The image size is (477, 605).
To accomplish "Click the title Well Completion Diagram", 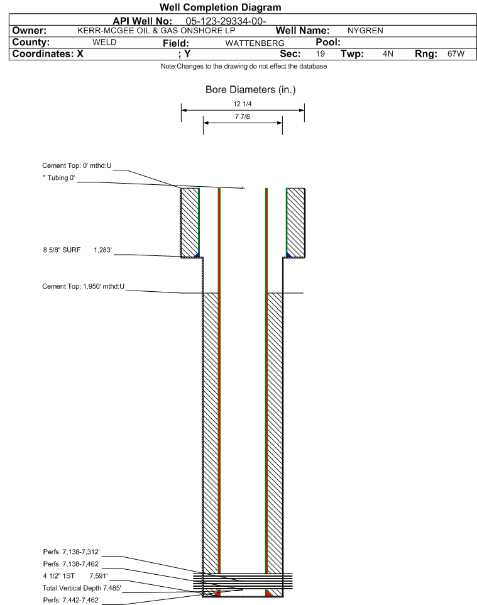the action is [x=220, y=8].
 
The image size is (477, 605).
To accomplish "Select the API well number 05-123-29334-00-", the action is [x=226, y=21].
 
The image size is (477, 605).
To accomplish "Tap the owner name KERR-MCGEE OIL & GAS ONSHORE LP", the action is [x=156, y=31].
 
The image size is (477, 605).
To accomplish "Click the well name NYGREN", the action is [x=365, y=31].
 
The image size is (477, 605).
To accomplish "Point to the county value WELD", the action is [x=104, y=42].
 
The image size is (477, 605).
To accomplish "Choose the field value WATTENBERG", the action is [x=255, y=43].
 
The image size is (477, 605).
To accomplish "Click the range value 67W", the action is [x=456, y=53].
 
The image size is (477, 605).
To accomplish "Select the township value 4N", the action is [x=388, y=53].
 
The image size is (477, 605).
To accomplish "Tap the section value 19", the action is [x=320, y=53].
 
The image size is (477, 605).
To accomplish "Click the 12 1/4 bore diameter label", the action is [x=243, y=104].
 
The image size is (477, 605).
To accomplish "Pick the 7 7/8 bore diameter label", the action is [x=243, y=116].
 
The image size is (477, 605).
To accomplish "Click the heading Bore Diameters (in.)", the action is [x=251, y=90].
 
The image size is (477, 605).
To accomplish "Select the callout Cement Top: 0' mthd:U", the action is [x=77, y=166].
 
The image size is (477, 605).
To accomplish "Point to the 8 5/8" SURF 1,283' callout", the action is [x=77, y=250].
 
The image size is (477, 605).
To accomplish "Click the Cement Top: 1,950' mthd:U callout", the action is [x=84, y=286].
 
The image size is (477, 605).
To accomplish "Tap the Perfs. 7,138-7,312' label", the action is [x=72, y=552].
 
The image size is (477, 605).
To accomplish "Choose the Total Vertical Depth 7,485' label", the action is [x=82, y=589].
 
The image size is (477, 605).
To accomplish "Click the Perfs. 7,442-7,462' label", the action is [x=72, y=601].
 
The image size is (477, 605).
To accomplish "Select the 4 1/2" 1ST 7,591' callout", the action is [x=75, y=576].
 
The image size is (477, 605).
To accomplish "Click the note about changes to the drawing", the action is [x=244, y=67].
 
